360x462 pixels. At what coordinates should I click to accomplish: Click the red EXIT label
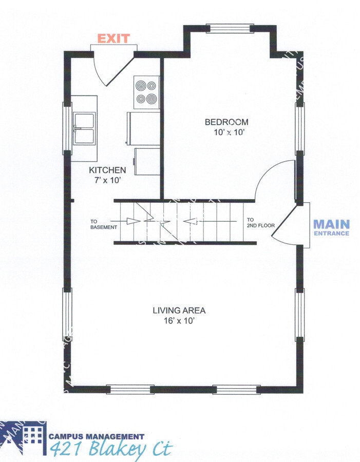(x=113, y=38)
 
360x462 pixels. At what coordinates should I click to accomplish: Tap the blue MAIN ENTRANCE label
(x=331, y=227)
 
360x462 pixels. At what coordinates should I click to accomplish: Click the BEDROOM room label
(x=226, y=122)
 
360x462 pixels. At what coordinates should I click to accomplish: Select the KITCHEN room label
(x=107, y=170)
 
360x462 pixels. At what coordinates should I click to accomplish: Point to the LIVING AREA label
(x=179, y=310)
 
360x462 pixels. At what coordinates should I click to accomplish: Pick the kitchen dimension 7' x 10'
(x=107, y=180)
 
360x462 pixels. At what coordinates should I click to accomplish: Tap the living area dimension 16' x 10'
(x=179, y=320)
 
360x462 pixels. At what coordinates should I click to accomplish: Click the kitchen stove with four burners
(x=145, y=92)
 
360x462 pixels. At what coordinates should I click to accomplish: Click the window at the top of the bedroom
(x=230, y=28)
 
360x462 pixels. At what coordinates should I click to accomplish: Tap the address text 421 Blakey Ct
(x=111, y=449)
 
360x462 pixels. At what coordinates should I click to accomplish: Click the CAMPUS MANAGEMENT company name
(x=97, y=436)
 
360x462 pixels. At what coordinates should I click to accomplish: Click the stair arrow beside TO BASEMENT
(x=132, y=221)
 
